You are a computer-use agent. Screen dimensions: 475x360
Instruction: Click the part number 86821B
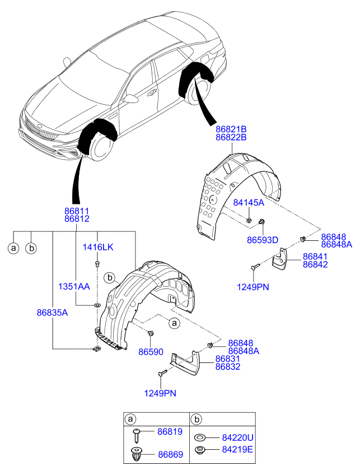click(x=231, y=129)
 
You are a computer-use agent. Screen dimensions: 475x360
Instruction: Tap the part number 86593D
click(x=263, y=240)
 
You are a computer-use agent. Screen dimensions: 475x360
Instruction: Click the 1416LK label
click(x=98, y=247)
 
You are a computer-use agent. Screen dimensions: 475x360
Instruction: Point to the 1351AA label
click(x=74, y=286)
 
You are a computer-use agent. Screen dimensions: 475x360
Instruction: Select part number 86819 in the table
click(x=170, y=432)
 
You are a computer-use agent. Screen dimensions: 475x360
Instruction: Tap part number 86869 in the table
click(x=170, y=454)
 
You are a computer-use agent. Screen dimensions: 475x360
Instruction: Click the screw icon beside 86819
click(x=137, y=432)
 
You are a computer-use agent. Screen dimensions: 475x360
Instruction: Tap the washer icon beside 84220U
click(x=199, y=437)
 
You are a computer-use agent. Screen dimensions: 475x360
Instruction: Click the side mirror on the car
click(x=132, y=99)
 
